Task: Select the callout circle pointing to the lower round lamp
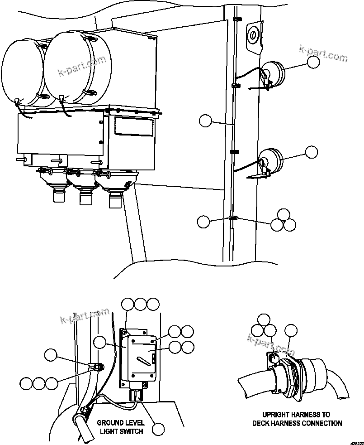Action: (x=312, y=152)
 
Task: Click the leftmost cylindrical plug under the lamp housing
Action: (x=58, y=196)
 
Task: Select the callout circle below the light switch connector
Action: (x=159, y=429)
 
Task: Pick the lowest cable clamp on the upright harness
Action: (x=233, y=219)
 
